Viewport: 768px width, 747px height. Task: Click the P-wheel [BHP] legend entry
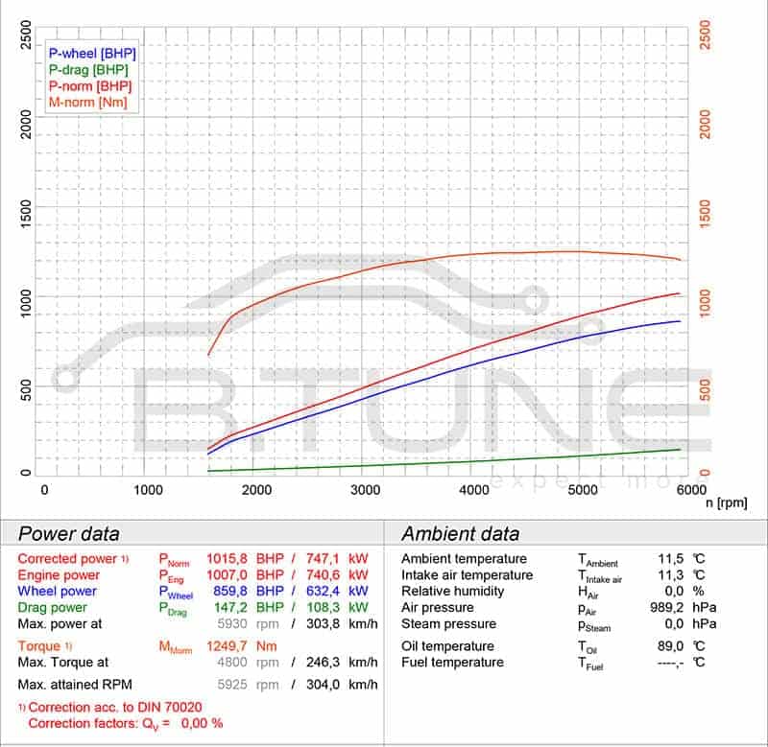point(92,54)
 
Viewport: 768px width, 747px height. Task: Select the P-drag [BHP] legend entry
point(88,70)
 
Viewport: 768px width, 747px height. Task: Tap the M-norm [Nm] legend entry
point(87,103)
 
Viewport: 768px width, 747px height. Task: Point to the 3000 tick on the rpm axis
point(365,490)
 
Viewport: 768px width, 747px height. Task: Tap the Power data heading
point(69,534)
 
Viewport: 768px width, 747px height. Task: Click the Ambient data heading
point(460,534)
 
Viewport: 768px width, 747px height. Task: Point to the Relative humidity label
point(452,592)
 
